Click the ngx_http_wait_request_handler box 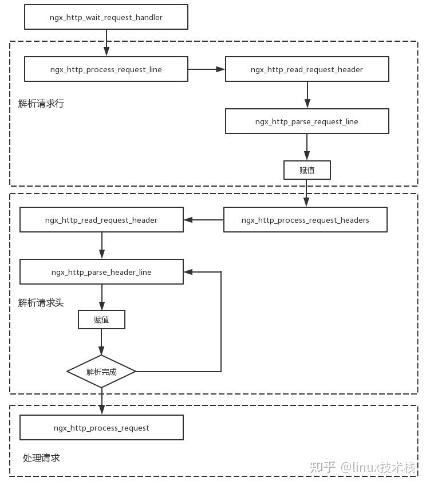click(106, 17)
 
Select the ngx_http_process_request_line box click(106, 69)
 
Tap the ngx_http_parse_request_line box click(307, 121)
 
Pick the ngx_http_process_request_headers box click(305, 220)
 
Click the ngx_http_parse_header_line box click(101, 272)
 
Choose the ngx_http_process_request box click(101, 428)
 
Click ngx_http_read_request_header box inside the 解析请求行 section click(307, 69)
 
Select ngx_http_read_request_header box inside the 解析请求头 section click(101, 220)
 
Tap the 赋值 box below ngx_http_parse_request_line click(307, 170)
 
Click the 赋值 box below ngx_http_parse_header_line click(101, 320)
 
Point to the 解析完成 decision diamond click(101, 372)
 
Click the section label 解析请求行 click(41, 104)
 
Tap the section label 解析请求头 click(41, 302)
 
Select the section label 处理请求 click(41, 458)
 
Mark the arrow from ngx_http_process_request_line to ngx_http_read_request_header click(206, 69)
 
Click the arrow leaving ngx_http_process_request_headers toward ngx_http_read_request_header click(203, 220)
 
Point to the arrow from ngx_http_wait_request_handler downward click(106, 42)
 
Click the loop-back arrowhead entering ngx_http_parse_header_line click(188, 272)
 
